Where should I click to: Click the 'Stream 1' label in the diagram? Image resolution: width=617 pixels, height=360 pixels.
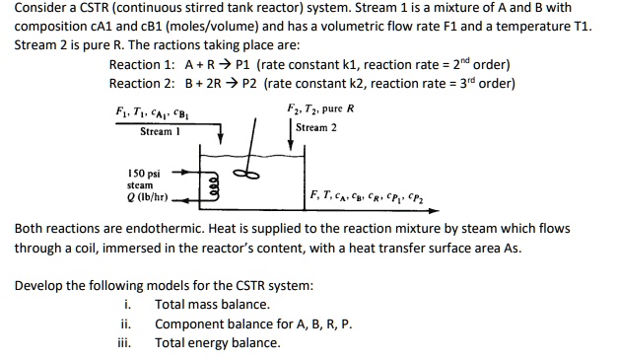[157, 131]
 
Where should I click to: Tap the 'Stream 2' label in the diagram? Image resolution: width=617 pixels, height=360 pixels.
[316, 127]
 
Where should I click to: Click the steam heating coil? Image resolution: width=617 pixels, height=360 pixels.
[211, 181]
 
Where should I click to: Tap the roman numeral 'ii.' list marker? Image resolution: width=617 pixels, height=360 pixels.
[126, 324]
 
